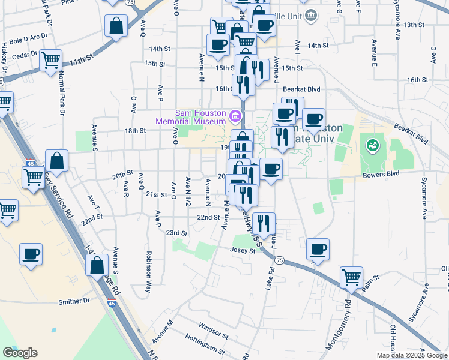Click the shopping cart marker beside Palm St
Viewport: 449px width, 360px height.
[352, 278]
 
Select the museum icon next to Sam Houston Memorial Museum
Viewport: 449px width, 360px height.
[235, 115]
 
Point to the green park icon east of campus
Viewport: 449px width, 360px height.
[372, 145]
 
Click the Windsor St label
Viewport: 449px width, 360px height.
[214, 331]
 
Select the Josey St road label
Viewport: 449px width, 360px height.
[243, 251]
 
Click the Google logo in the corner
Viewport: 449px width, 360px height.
[20, 352]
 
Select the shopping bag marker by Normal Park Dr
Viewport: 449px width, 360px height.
[56, 161]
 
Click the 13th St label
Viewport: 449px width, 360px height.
[414, 25]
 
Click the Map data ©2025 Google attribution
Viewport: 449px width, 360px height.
[411, 355]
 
